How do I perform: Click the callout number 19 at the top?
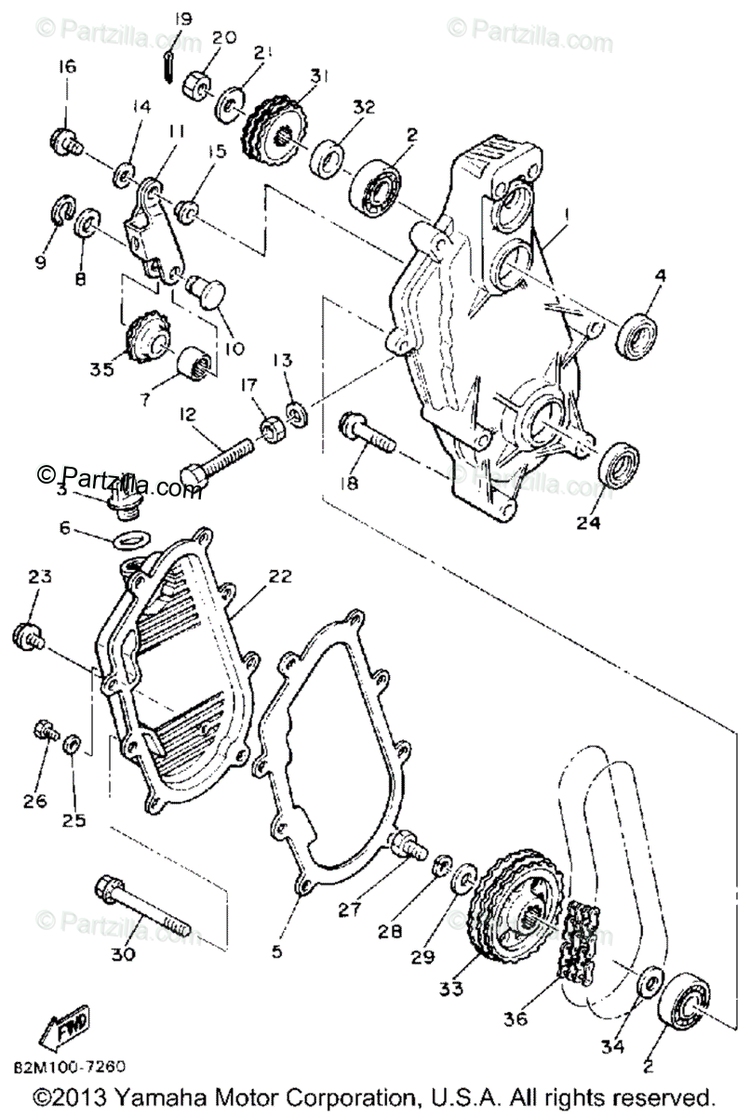[182, 18]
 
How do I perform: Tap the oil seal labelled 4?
[639, 336]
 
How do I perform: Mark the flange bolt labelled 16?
[65, 142]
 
